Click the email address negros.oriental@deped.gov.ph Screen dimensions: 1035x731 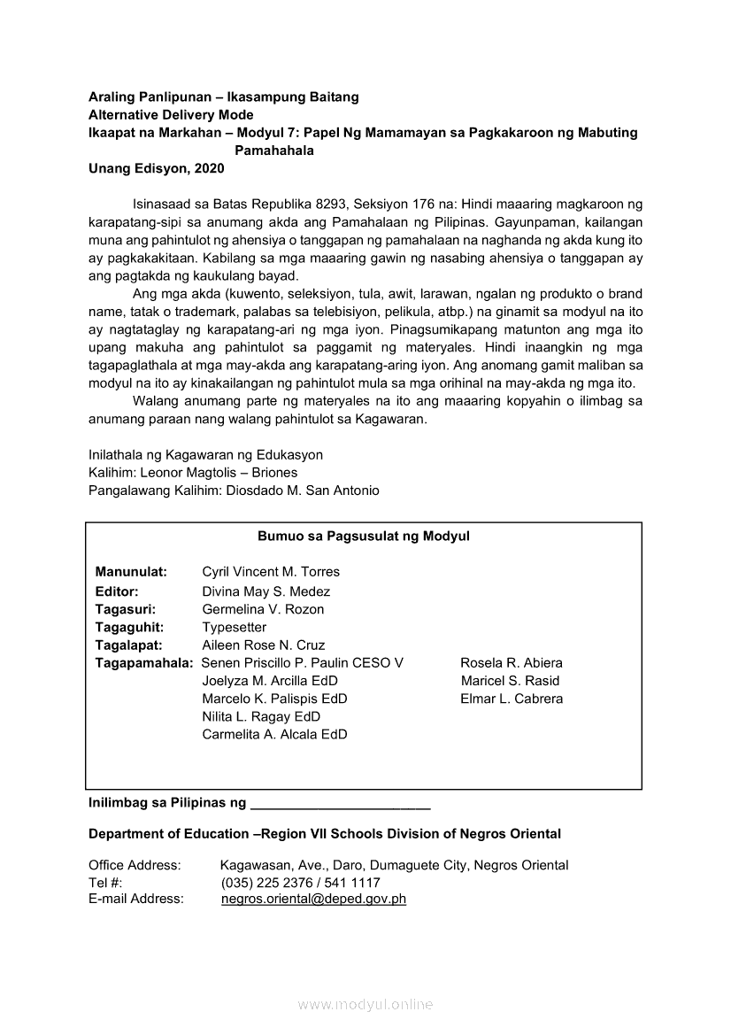[x=313, y=899]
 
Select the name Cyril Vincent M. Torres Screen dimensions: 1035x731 [x=271, y=572]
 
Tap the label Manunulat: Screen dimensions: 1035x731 [x=131, y=572]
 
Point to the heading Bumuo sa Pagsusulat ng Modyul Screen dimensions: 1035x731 [x=364, y=536]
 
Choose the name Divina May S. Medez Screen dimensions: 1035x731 [x=265, y=591]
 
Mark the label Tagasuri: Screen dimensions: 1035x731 [x=126, y=609]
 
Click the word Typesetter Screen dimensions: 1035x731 [x=234, y=627]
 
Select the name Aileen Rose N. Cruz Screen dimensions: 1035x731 [x=263, y=645]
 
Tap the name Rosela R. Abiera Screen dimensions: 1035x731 [x=512, y=662]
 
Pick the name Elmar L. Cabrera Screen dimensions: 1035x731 [x=512, y=699]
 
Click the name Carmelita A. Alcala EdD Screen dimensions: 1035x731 [x=274, y=734]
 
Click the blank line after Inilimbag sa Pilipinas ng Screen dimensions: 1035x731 [x=341, y=805]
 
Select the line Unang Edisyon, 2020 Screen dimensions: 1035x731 [x=157, y=168]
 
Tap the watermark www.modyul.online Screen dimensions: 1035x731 [x=365, y=1004]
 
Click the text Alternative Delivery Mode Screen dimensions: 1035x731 [x=171, y=115]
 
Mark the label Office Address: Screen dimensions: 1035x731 [x=135, y=865]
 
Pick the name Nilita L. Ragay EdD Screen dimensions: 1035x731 [x=261, y=716]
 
